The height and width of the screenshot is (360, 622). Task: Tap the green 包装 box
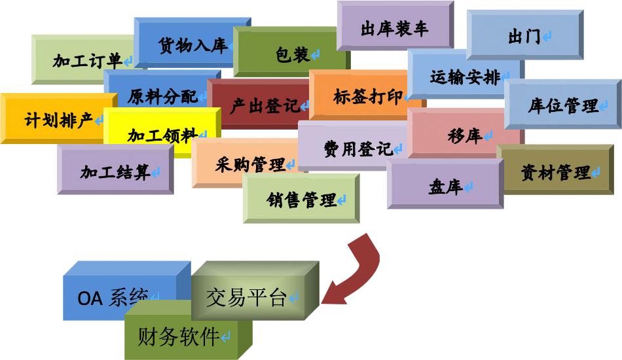click(x=292, y=55)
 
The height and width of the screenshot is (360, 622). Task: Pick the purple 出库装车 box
click(x=394, y=29)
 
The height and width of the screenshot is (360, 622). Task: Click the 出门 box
click(x=524, y=37)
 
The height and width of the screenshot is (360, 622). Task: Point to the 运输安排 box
click(x=465, y=77)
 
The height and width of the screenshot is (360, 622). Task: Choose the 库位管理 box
click(x=563, y=105)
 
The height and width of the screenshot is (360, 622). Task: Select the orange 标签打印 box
click(x=367, y=97)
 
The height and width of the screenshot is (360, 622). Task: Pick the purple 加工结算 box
click(x=115, y=172)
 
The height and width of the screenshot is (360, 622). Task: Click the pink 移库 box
click(x=465, y=135)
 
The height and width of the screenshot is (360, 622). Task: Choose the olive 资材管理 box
click(x=557, y=172)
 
